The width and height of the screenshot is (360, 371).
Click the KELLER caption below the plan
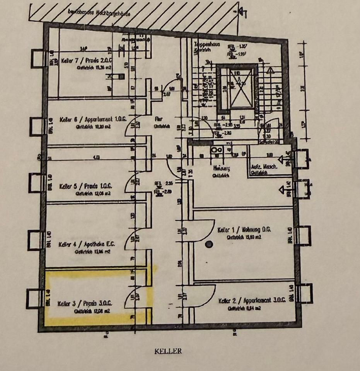pyautogui.click(x=168, y=351)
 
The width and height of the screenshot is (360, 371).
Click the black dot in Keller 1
pyautogui.click(x=209, y=244)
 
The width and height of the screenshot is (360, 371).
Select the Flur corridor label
pyautogui.click(x=158, y=119)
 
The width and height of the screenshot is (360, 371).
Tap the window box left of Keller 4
pyautogui.click(x=35, y=240)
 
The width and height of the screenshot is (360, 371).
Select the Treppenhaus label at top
pyautogui.click(x=206, y=44)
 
